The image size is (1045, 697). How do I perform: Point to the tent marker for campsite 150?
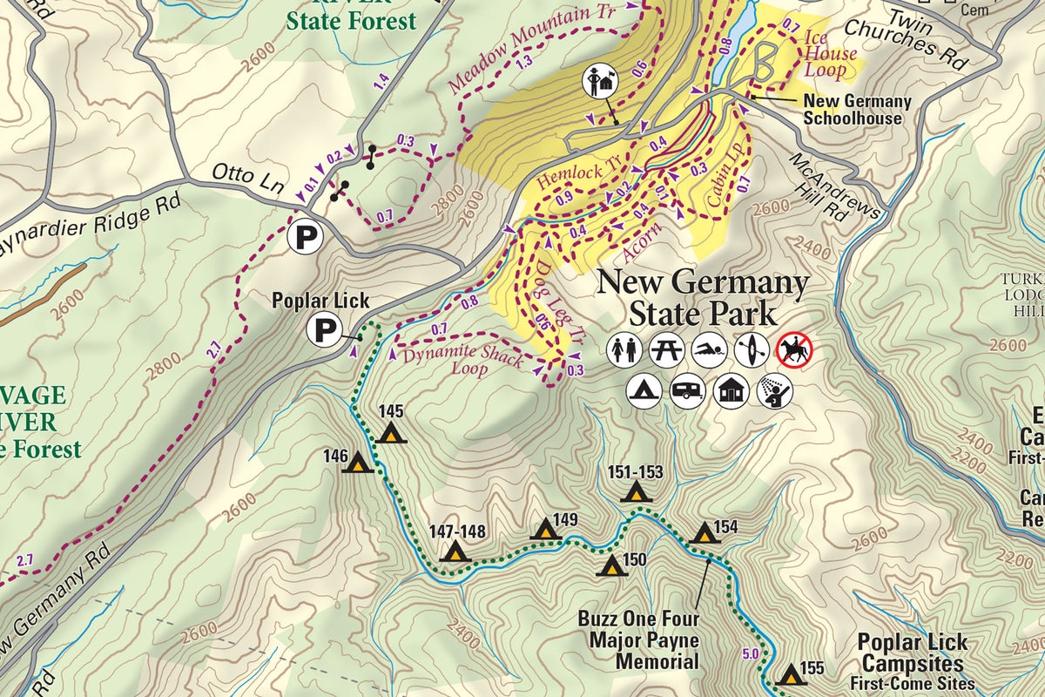611,566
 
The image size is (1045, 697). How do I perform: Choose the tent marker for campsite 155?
790,674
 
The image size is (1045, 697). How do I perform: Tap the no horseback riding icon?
794,349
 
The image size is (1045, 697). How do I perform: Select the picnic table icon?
666,349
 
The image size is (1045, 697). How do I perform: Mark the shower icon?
774,391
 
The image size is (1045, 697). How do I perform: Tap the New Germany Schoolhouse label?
856,109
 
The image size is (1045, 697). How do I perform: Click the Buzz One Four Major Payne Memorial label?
638,640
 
